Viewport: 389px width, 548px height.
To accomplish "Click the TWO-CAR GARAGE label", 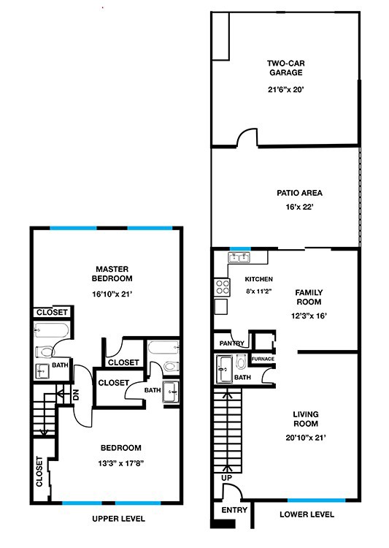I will (285, 67).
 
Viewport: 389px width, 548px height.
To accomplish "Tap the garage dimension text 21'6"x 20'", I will (285, 90).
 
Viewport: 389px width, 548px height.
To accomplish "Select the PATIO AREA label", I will (299, 194).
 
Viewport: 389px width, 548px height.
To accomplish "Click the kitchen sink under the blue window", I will (239, 258).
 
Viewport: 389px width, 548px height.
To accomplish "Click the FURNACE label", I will (263, 359).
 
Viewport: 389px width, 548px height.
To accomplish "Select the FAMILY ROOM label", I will (309, 297).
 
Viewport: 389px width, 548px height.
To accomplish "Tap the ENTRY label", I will (233, 510).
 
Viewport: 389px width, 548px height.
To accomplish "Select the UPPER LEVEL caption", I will (118, 518).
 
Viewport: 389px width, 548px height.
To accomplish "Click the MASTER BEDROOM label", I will (112, 273).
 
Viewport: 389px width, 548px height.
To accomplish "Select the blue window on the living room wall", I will (315, 501).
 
